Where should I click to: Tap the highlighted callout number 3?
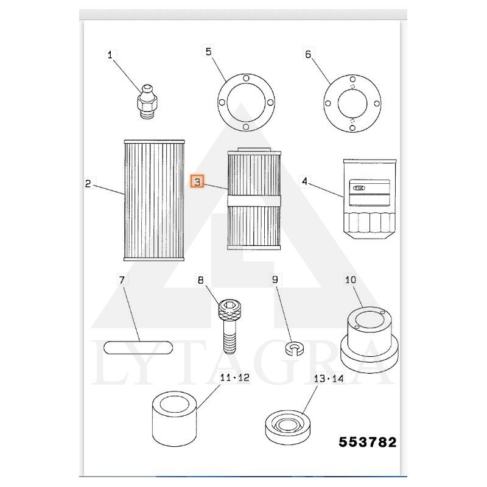(197, 181)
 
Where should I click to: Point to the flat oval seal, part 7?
(139, 348)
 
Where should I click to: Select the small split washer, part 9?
(294, 349)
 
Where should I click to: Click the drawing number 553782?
(368, 442)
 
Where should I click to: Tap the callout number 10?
(351, 280)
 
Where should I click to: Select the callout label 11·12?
(234, 377)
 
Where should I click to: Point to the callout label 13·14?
(329, 378)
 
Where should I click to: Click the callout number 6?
(307, 54)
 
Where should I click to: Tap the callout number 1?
(110, 55)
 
